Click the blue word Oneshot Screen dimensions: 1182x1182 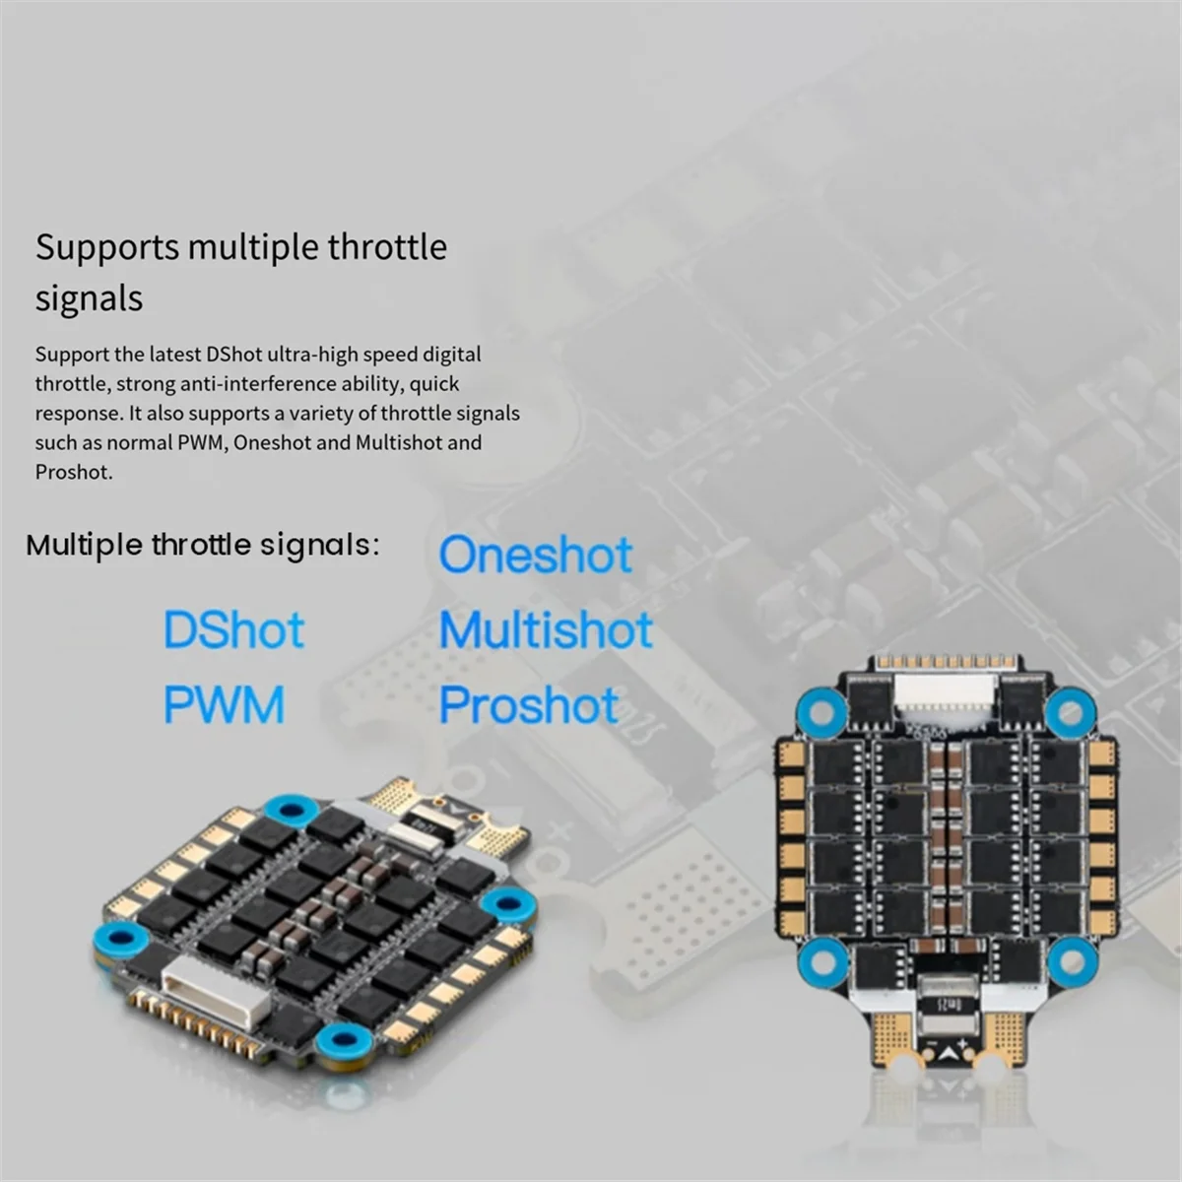[x=536, y=555]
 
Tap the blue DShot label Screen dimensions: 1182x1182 [x=233, y=629]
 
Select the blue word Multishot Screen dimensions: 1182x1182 [x=546, y=629]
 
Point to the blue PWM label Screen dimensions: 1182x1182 [x=224, y=705]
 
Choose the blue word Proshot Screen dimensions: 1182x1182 [x=529, y=705]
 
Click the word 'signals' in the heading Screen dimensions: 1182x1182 [x=89, y=299]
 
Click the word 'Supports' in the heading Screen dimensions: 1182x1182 [x=107, y=248]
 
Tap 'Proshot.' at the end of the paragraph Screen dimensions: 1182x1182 [x=74, y=473]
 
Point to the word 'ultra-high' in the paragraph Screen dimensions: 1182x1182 [x=313, y=356]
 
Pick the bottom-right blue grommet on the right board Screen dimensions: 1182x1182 [x=1072, y=962]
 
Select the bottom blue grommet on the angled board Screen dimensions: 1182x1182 [x=344, y=1039]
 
